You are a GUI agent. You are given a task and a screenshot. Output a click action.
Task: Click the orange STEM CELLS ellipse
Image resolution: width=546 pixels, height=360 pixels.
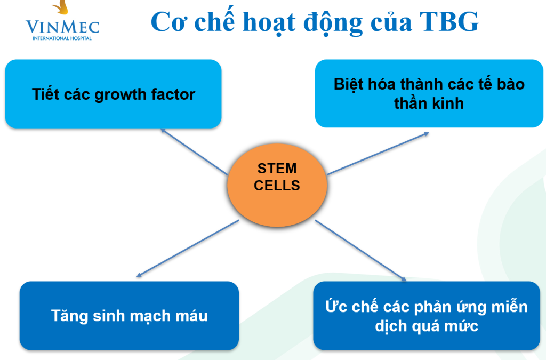click(277, 185)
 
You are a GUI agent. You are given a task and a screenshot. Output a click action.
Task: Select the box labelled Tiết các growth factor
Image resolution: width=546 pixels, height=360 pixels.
click(113, 94)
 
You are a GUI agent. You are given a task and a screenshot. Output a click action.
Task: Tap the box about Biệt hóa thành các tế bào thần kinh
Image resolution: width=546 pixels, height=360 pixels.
click(429, 93)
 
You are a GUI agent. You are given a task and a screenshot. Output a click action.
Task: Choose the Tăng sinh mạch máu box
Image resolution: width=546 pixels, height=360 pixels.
click(129, 315)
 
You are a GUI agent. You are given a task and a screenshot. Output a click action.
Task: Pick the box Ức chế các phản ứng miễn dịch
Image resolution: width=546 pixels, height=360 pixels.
click(427, 315)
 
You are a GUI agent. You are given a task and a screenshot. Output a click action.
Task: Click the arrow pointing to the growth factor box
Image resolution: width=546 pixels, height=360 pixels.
click(194, 151)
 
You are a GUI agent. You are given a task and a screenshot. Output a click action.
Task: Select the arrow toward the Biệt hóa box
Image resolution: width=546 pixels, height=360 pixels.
click(378, 153)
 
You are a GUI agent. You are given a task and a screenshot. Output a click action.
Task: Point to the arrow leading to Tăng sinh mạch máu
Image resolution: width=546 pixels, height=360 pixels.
click(188, 248)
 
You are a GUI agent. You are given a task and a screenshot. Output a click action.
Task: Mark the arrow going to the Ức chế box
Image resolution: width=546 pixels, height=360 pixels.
click(361, 250)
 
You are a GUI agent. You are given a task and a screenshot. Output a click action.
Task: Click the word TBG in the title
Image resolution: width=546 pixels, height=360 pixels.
click(449, 22)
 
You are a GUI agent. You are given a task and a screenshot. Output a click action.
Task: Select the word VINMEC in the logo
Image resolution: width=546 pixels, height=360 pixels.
click(63, 27)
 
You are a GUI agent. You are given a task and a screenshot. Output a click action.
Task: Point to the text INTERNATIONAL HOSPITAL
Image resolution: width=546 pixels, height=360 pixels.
click(62, 38)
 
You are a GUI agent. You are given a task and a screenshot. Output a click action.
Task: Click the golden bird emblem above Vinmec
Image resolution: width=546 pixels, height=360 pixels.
click(61, 7)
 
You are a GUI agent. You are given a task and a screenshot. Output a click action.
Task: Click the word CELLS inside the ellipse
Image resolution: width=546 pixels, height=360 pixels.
click(277, 186)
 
